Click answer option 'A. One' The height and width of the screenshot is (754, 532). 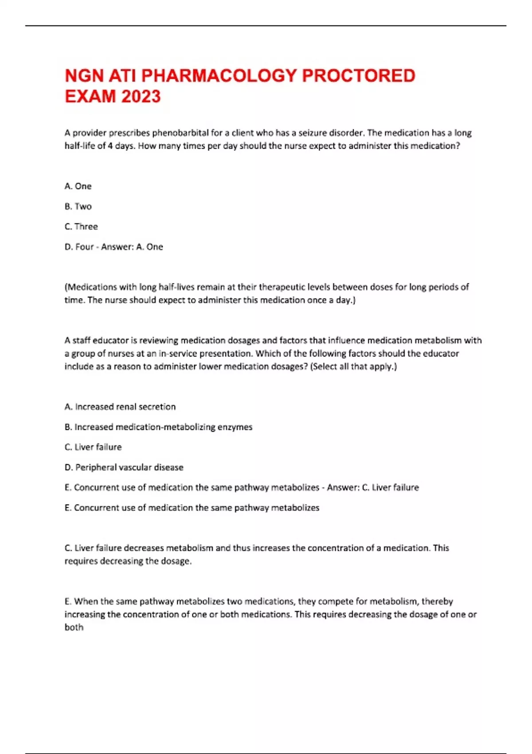point(78,186)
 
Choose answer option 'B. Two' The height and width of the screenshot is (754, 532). point(78,206)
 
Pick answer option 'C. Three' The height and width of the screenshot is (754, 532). point(81,227)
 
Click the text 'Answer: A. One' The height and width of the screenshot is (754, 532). point(132,247)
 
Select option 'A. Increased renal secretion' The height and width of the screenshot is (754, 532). point(120,407)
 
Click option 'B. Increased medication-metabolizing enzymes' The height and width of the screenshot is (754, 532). point(158,427)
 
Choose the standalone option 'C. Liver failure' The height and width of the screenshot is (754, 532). point(93,447)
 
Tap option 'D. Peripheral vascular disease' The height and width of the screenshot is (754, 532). point(124,467)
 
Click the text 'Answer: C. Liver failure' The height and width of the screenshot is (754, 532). point(373,487)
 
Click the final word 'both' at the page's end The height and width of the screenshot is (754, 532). point(74,627)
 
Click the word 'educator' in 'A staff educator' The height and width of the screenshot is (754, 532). point(110,341)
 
